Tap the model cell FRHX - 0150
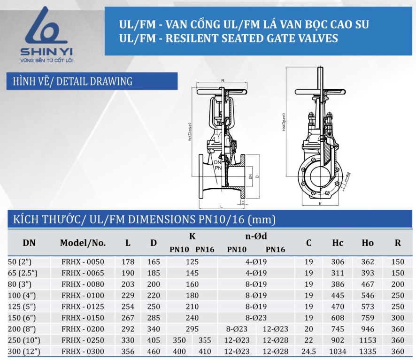click(x=83, y=318)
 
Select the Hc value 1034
click(x=338, y=352)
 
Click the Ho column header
click(x=368, y=243)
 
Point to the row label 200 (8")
click(x=22, y=329)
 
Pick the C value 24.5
click(x=308, y=352)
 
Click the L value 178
click(x=128, y=262)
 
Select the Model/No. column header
click(x=83, y=243)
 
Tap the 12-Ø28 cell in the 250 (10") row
click(x=276, y=340)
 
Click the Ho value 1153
click(x=368, y=340)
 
